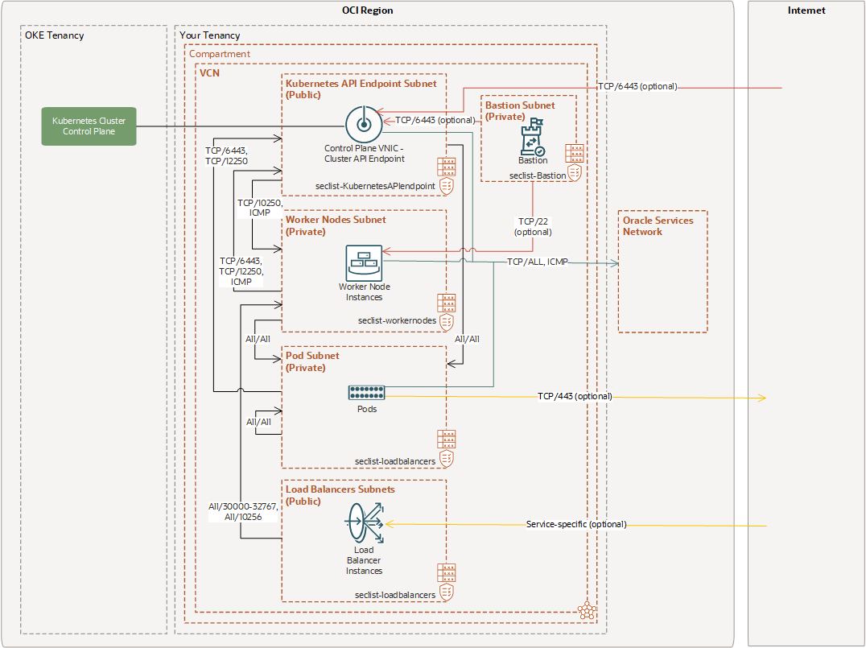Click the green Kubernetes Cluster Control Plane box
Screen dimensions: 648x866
pos(89,126)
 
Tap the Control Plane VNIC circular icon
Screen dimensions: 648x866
pos(362,125)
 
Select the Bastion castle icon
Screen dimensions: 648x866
pos(533,138)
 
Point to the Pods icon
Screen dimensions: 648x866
pos(367,393)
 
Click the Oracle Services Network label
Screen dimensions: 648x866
pos(658,225)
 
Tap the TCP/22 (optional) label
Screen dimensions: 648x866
pos(534,226)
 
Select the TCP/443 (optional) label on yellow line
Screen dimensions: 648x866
pos(575,397)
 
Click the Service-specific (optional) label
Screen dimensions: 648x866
pos(575,525)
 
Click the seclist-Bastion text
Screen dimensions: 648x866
pos(537,175)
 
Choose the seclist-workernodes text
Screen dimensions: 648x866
pos(397,320)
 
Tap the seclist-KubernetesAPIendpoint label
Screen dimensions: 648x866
pos(375,186)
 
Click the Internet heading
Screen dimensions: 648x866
pos(806,10)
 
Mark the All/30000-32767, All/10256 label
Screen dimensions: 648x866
pos(241,512)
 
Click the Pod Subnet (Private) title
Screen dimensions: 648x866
pos(312,361)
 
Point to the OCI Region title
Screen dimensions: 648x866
pos(367,10)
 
